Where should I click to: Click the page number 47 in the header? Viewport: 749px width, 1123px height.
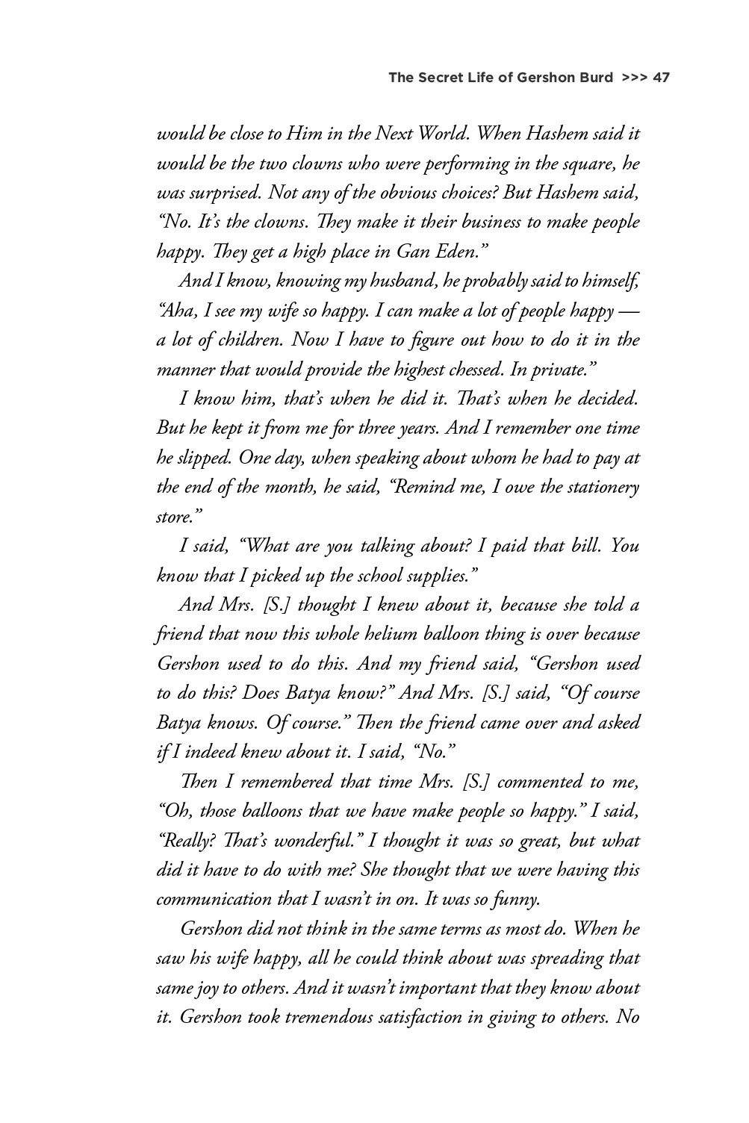[x=660, y=77]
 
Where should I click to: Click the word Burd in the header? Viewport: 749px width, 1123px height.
[x=594, y=77]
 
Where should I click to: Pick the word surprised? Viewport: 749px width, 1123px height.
[x=221, y=193]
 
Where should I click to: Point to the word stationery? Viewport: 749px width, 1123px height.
[x=601, y=488]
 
